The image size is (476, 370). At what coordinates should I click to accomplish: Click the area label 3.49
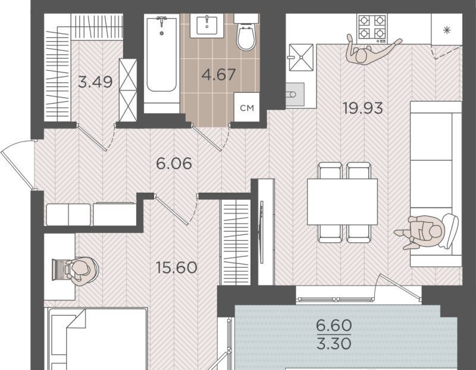point(95,81)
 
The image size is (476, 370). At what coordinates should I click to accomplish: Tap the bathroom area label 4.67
point(218,75)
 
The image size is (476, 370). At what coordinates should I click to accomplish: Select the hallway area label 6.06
point(174,164)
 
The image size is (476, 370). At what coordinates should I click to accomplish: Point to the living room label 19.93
point(363,108)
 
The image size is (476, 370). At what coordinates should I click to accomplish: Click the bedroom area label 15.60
point(176,268)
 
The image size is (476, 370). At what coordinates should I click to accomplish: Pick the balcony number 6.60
point(334,326)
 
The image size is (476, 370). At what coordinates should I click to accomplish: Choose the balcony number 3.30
point(334,344)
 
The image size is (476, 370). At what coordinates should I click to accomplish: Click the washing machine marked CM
point(246,107)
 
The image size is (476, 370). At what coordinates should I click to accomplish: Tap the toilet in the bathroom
point(246,32)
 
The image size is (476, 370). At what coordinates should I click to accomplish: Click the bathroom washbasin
point(206,26)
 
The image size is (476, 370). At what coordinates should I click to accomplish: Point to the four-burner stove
point(372,28)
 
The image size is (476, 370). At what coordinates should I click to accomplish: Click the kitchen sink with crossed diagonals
point(301,57)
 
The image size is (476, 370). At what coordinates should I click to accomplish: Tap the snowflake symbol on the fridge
point(447,30)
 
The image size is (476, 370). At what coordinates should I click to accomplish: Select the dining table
point(342,202)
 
